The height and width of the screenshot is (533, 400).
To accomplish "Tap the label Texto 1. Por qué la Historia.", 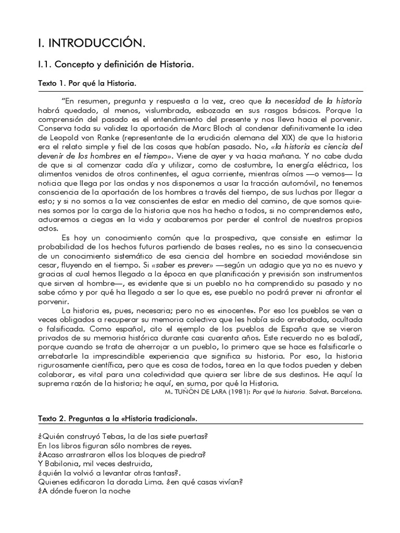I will point(87,83).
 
